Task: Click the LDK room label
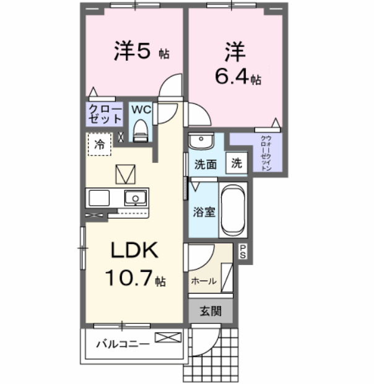coord(135,251)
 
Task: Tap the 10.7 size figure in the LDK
coord(131,278)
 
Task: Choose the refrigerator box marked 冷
coord(100,144)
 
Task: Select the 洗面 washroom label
coord(205,165)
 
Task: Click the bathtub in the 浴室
coord(233,210)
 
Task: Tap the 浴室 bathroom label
coord(204,212)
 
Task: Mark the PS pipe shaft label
coord(243,251)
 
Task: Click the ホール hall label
coord(203,281)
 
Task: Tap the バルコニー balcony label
coord(123,344)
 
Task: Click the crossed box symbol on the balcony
coord(168,338)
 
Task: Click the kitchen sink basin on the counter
coord(135,198)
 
